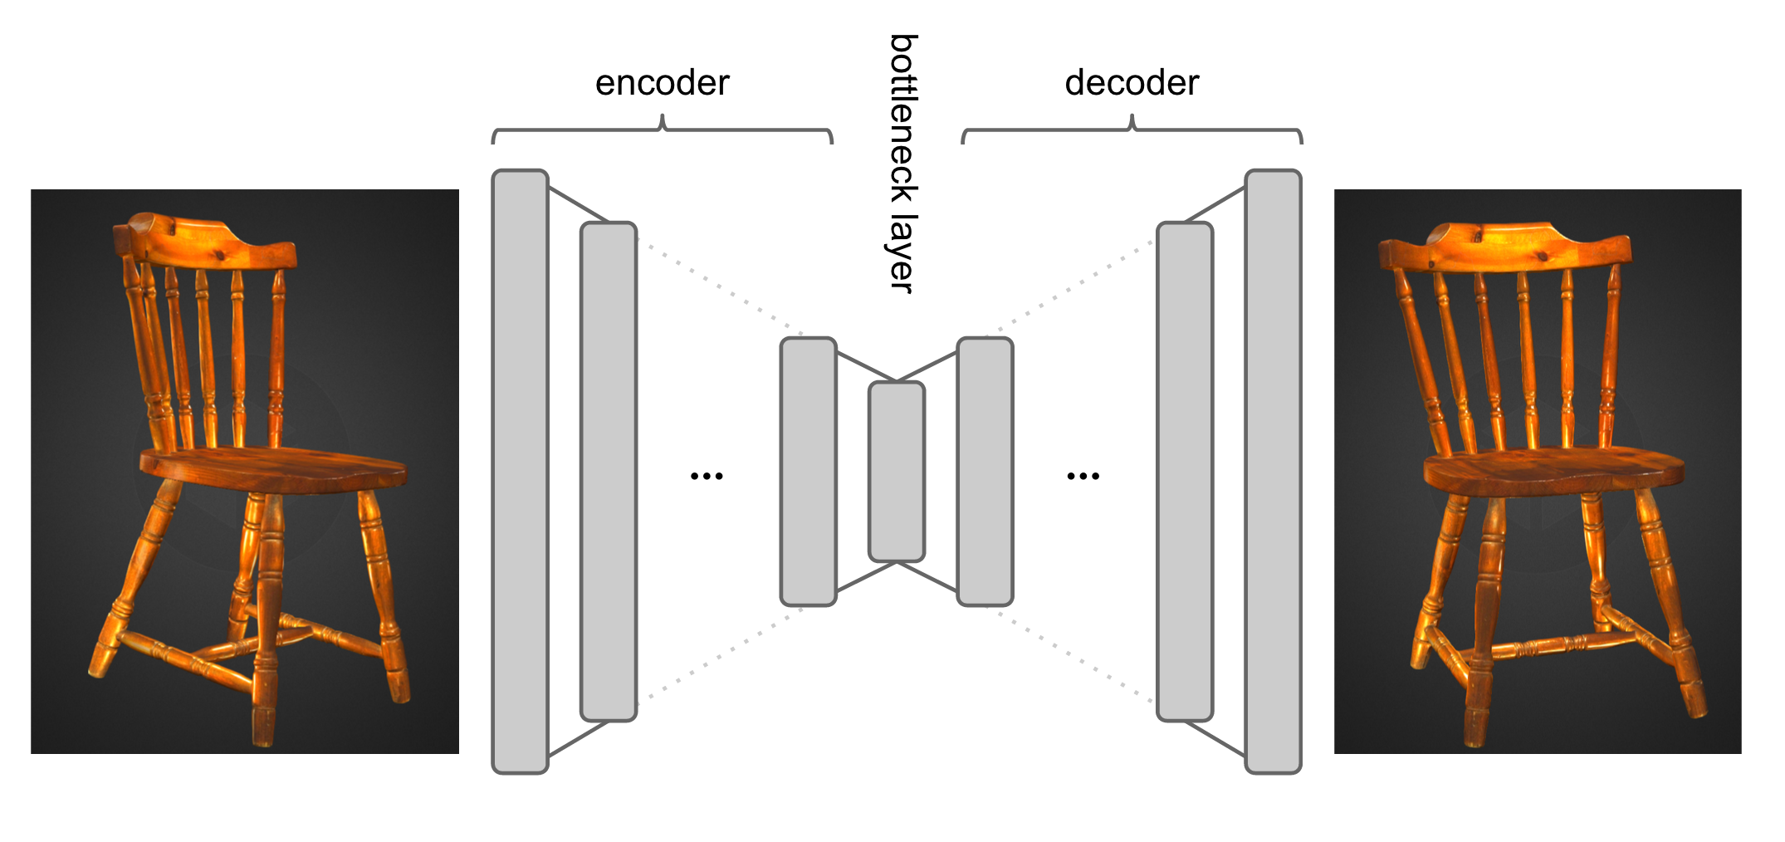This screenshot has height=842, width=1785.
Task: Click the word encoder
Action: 662,83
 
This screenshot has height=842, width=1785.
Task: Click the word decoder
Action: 1132,83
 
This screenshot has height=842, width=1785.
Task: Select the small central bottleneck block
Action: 897,471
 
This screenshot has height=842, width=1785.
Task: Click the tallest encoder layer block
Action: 521,471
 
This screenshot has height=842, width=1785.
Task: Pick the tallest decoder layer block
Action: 1273,471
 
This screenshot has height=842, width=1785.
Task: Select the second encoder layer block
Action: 609,471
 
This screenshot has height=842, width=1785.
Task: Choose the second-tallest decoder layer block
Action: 1185,471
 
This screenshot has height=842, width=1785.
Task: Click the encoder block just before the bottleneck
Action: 808,471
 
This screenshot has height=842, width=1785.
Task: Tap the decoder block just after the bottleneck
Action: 985,471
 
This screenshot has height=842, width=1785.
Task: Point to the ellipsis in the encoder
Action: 707,476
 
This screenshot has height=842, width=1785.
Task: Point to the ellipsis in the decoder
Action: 1083,476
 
